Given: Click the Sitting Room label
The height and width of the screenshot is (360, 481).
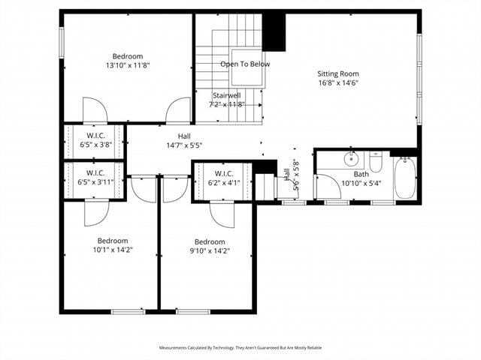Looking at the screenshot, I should pos(337,73).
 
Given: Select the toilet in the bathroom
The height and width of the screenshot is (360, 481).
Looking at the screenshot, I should pos(376,161).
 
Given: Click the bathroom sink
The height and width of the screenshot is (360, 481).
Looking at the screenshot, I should pos(351,159).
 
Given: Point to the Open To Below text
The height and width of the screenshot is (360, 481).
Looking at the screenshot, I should pos(244,64).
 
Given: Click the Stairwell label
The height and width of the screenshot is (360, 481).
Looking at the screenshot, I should pos(226,95).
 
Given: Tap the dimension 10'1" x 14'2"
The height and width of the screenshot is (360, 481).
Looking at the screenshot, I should pos(113,250).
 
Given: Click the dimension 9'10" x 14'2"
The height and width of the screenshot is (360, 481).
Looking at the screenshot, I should pos(210,251).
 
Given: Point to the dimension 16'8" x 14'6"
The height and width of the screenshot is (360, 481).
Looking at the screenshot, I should pos(337,83).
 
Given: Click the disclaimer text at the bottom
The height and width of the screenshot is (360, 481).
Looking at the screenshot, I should pos(240,348).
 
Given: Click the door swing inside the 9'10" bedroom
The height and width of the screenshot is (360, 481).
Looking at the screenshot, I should pos(222,214).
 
